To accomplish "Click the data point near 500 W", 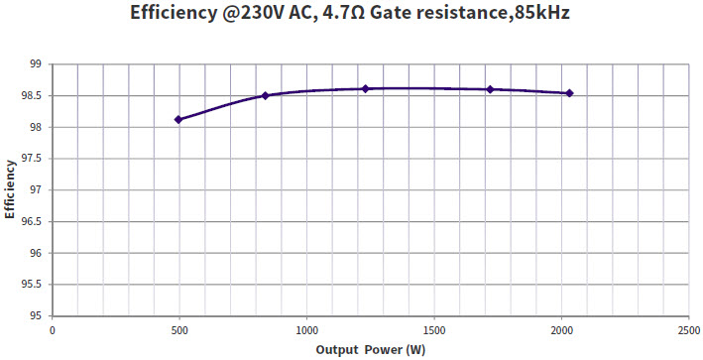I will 178,119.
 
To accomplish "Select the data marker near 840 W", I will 265,95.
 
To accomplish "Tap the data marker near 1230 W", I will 365,88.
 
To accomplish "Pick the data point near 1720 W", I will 490,89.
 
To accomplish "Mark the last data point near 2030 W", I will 569,93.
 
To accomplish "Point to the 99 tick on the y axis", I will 34,64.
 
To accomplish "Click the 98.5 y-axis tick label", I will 30,96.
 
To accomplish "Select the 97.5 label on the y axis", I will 30,159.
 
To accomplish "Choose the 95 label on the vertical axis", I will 34,316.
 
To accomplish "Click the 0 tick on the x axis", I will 53,330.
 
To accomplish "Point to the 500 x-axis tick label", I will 179,330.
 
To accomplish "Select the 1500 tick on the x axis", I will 433,330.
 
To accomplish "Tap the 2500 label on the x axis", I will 687,330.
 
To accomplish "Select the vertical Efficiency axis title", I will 10,188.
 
